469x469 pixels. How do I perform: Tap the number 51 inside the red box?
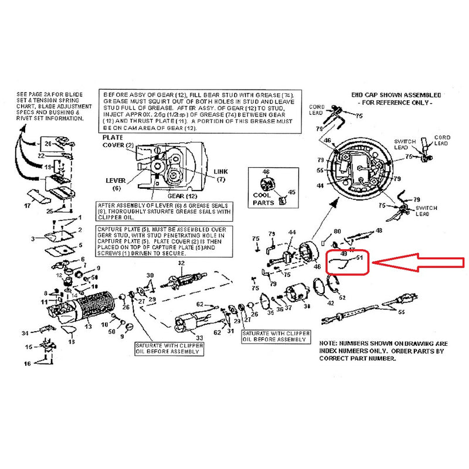pyautogui.click(x=360, y=257)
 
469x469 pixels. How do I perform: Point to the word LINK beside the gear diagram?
pyautogui.click(x=220, y=171)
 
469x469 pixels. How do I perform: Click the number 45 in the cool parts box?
pyautogui.click(x=291, y=192)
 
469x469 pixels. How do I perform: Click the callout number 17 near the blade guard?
pyautogui.click(x=28, y=206)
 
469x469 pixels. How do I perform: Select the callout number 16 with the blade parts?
pyautogui.click(x=27, y=364)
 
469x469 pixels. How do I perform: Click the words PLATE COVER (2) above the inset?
pyautogui.click(x=118, y=141)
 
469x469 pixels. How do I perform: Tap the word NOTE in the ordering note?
pyautogui.click(x=329, y=344)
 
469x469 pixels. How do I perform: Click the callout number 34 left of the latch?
pyautogui.click(x=25, y=333)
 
